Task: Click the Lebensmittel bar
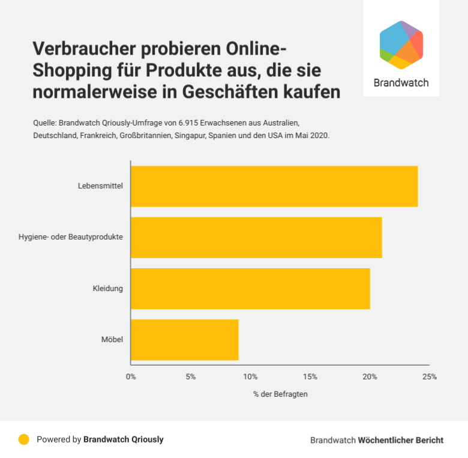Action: [274, 186]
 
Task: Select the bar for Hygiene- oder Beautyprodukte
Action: [256, 237]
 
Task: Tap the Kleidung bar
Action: [250, 288]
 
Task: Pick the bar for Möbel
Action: [184, 340]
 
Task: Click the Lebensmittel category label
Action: [100, 186]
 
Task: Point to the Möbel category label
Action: [112, 340]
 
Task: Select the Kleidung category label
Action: [107, 289]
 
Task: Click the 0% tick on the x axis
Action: [131, 377]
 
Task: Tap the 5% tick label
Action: [190, 377]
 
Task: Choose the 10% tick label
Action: [250, 377]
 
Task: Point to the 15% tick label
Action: [310, 377]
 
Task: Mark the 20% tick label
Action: [370, 377]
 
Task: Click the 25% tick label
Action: [429, 377]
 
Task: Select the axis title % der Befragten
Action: [280, 394]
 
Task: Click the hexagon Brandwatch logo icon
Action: [401, 45]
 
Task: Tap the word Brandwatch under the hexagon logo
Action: [401, 83]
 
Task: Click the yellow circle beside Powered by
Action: [24, 439]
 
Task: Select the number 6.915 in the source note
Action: [189, 122]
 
